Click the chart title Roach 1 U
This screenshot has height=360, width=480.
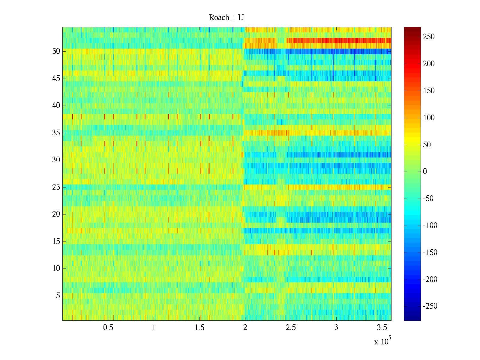pyautogui.click(x=226, y=18)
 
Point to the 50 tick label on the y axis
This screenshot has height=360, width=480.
pyautogui.click(x=56, y=51)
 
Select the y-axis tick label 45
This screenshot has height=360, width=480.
pyautogui.click(x=56, y=79)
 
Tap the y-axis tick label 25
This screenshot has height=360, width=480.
pyautogui.click(x=56, y=187)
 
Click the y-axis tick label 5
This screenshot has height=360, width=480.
pyautogui.click(x=58, y=296)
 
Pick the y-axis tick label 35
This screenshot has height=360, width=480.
pyautogui.click(x=56, y=133)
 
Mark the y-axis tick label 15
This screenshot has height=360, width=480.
pyautogui.click(x=56, y=241)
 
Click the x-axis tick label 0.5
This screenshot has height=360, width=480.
pyautogui.click(x=108, y=328)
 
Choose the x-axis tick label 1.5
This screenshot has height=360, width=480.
pyautogui.click(x=199, y=328)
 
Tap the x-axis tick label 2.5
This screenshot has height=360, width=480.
pyautogui.click(x=290, y=328)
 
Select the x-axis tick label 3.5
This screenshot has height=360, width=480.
pyautogui.click(x=382, y=328)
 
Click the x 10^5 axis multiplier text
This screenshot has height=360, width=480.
pyautogui.click(x=382, y=341)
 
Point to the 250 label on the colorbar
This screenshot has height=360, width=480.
pyautogui.click(x=429, y=37)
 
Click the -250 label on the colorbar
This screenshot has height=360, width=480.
pyautogui.click(x=430, y=306)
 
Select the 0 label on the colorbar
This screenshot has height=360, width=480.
pyautogui.click(x=425, y=172)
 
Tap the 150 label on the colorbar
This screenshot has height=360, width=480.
pyautogui.click(x=429, y=91)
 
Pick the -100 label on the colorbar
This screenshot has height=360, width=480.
pyautogui.click(x=430, y=226)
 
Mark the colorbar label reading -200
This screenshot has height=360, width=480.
pyautogui.click(x=430, y=280)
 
